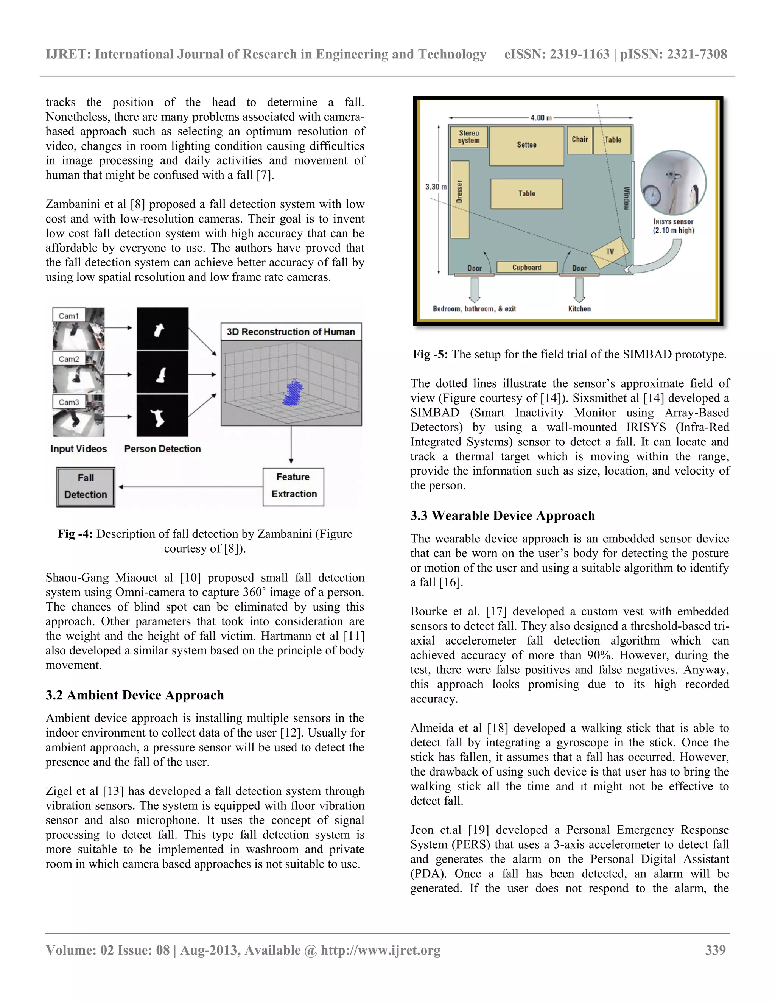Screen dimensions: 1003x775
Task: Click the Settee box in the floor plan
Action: (x=527, y=146)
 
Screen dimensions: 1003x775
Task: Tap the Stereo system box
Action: (x=468, y=137)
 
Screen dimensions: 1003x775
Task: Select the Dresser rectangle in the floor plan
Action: (x=459, y=199)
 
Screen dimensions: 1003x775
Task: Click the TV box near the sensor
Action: (x=610, y=252)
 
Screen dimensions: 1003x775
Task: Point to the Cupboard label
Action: (x=527, y=267)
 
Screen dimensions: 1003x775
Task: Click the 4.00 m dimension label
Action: (x=541, y=118)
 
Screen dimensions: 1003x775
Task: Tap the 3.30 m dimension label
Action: (x=435, y=187)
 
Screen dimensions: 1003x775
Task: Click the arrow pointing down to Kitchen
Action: (x=579, y=290)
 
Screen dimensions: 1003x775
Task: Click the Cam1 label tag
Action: (x=69, y=316)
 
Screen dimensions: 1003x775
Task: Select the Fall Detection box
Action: (x=86, y=487)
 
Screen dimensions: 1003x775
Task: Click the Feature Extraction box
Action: (x=293, y=486)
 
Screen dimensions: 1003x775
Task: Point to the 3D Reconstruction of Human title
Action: (x=291, y=332)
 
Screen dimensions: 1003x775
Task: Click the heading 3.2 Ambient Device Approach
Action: (x=134, y=695)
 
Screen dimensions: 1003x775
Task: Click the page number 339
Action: (x=715, y=950)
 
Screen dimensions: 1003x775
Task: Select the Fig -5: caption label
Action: (x=430, y=355)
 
